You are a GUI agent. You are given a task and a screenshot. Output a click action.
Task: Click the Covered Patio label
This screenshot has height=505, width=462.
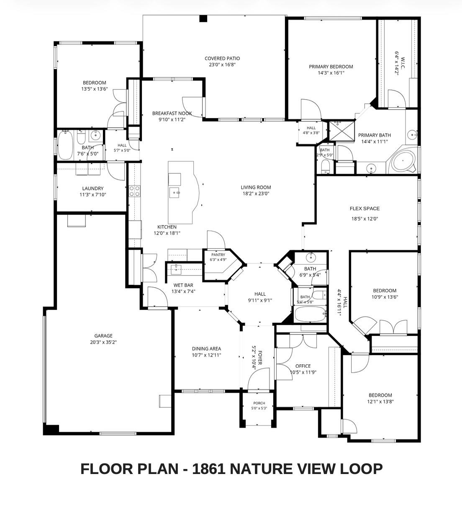222,58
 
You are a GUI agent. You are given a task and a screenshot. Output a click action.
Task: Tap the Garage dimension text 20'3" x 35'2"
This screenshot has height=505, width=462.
103,342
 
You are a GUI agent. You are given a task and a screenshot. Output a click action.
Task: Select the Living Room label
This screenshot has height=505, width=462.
256,187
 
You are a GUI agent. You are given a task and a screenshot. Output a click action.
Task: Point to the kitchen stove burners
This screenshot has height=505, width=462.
135,191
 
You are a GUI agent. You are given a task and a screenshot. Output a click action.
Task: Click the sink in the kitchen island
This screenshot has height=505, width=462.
175,193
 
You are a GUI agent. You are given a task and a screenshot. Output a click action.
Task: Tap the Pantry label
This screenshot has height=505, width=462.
218,255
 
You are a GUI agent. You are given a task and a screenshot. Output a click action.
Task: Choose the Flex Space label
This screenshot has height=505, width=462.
364,209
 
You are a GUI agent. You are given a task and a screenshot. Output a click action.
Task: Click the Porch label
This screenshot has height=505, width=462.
259,403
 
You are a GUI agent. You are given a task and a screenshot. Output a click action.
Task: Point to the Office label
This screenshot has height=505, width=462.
303,366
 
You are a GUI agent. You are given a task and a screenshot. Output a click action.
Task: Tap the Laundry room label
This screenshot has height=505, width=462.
93,188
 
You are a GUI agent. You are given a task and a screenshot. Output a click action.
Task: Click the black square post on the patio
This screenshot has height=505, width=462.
203,18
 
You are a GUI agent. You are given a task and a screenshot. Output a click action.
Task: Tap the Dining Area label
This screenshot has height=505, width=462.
206,349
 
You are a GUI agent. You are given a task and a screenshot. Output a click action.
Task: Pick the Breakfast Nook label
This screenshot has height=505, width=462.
172,113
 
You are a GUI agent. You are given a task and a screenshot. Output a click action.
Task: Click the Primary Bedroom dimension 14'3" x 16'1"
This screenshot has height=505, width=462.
331,73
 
